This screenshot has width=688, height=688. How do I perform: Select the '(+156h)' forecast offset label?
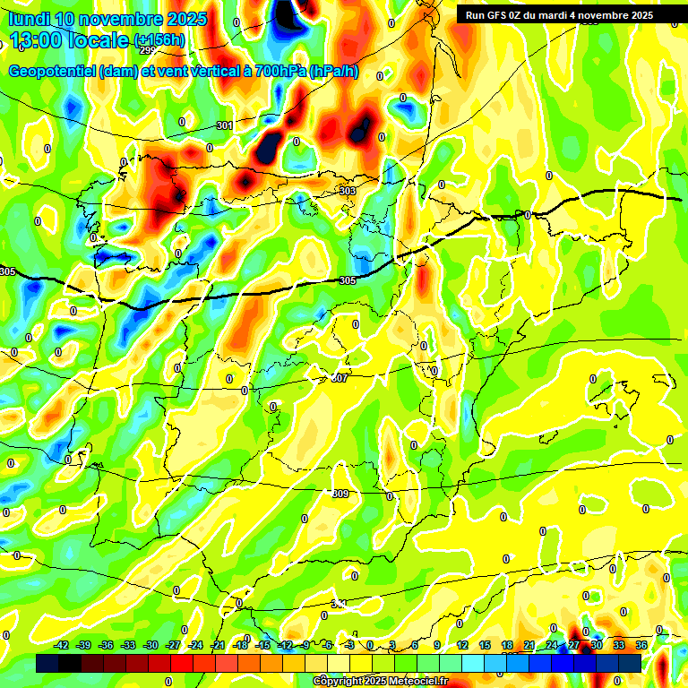pos(159,40)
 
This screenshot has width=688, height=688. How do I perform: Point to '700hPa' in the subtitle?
pos(279,72)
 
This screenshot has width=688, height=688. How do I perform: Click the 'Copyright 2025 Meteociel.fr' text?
pos(380,682)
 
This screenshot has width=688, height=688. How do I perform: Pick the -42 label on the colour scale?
pos(62,645)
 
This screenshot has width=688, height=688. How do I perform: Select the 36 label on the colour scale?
pos(641,645)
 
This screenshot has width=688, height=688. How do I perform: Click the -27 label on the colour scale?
pos(173,645)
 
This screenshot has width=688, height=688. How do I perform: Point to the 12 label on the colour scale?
pos(462,645)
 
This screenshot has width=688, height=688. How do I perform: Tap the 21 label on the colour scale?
pos(529,645)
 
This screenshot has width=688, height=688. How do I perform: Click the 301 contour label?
pos(224,125)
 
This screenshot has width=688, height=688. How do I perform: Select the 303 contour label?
pos(348,191)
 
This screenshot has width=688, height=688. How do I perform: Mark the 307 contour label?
pos(340,378)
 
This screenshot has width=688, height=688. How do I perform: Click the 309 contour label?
pos(340,494)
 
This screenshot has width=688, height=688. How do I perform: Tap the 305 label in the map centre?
pos(348,281)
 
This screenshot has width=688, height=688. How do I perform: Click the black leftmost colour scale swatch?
pos(47,663)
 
